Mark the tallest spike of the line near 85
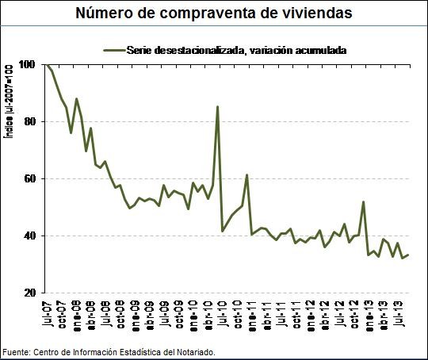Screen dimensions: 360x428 coord(217,106)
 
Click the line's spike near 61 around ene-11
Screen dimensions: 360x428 coord(247,175)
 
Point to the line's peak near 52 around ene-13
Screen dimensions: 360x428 coord(363,202)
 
